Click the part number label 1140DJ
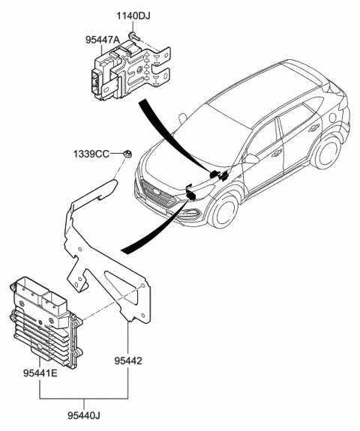point(133,14)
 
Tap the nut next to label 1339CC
point(128,154)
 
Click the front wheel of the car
point(224,209)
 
